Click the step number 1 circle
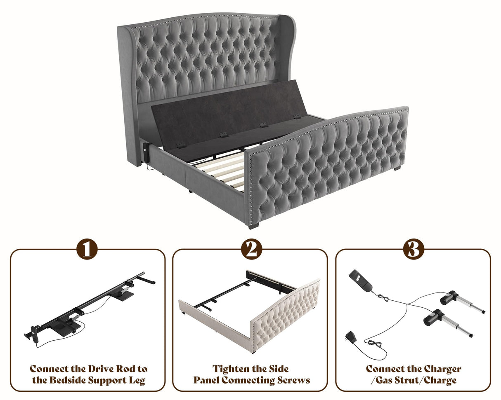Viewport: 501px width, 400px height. [87, 249]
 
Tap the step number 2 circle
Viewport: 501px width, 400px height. [251, 249]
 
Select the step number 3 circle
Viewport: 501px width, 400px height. [414, 249]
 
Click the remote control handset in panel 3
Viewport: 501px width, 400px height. [361, 280]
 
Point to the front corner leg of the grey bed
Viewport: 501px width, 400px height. [253, 225]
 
